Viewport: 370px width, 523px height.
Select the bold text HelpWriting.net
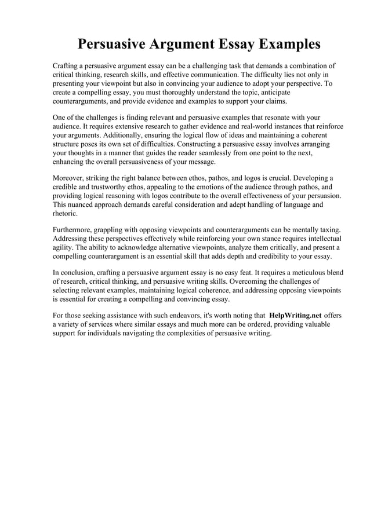296,316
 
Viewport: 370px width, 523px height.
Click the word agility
63,247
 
